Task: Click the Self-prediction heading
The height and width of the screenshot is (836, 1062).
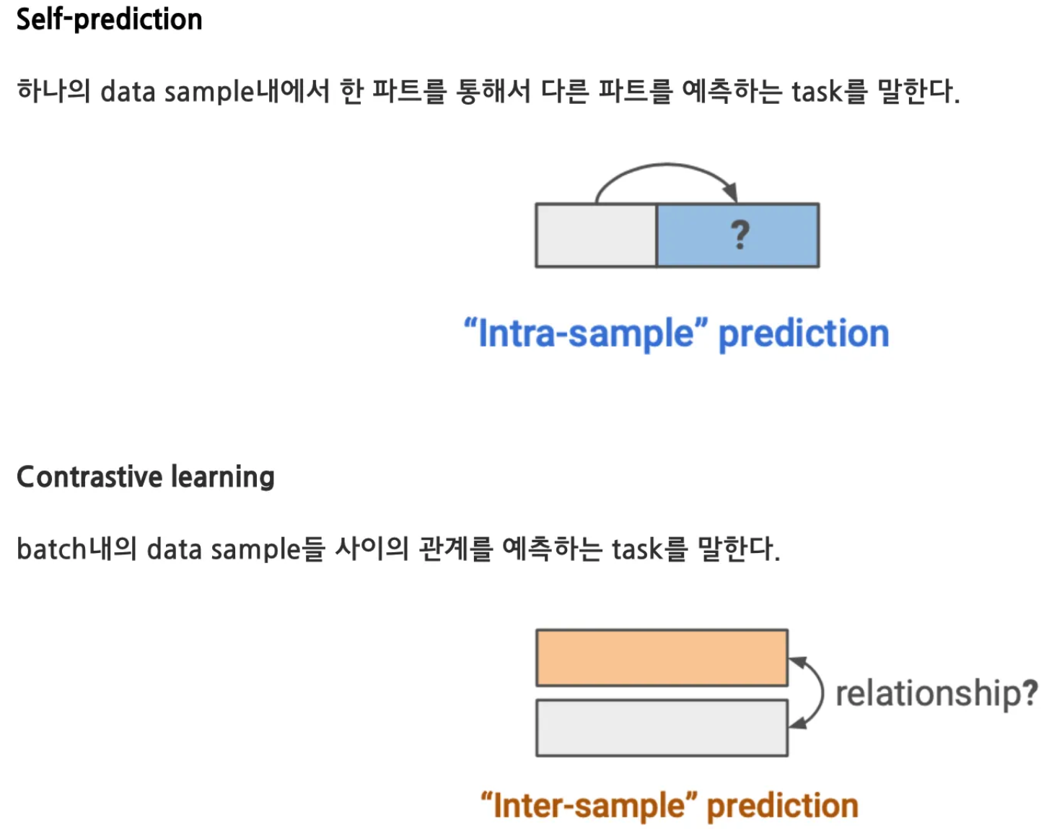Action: [109, 19]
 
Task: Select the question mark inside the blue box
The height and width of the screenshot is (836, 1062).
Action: [740, 235]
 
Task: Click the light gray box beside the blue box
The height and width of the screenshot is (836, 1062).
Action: [596, 235]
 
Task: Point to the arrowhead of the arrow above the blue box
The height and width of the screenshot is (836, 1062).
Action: [731, 193]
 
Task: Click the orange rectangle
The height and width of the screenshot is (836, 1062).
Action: [662, 658]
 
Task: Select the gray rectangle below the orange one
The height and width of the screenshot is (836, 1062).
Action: [662, 728]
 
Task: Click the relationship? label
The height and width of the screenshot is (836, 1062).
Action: [936, 693]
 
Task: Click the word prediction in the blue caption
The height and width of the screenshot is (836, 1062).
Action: [804, 334]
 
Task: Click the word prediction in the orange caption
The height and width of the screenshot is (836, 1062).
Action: [783, 806]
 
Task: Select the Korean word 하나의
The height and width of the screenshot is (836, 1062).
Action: [53, 92]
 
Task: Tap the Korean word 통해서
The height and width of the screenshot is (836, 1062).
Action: [493, 92]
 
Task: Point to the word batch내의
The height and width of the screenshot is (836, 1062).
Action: [76, 549]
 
